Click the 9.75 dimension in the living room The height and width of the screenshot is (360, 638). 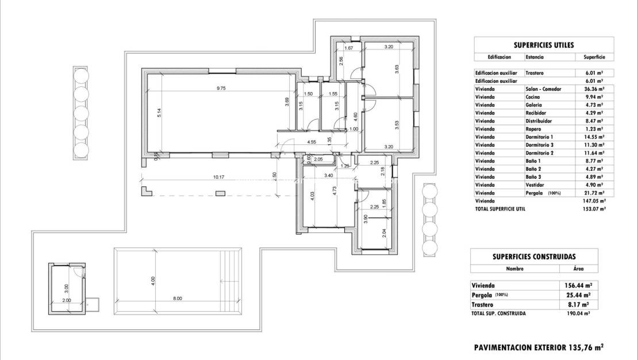(x=221, y=88)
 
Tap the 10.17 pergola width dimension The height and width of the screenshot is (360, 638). (x=218, y=177)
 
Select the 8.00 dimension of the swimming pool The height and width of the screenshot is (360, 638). (x=177, y=298)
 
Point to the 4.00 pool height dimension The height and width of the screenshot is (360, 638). (x=153, y=281)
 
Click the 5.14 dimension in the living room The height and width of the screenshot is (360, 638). (x=159, y=113)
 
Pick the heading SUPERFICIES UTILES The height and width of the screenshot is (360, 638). (x=543, y=45)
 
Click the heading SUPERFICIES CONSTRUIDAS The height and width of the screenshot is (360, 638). (x=534, y=257)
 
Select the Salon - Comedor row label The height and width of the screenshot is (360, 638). (x=543, y=89)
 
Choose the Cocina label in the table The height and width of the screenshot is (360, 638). (x=533, y=97)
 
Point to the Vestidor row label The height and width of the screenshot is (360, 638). (x=535, y=185)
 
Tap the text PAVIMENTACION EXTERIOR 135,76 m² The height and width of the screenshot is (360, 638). (x=539, y=347)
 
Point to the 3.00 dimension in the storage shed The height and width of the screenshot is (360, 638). (x=66, y=286)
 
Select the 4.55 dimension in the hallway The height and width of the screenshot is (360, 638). (x=312, y=141)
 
